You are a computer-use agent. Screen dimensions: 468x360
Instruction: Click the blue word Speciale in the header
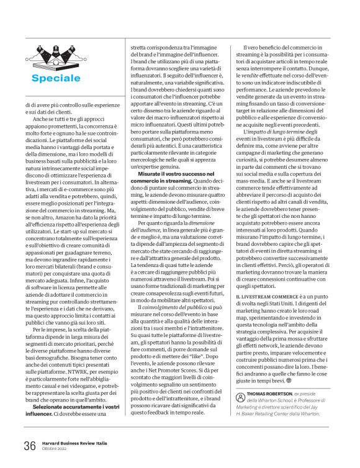(56, 78)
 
